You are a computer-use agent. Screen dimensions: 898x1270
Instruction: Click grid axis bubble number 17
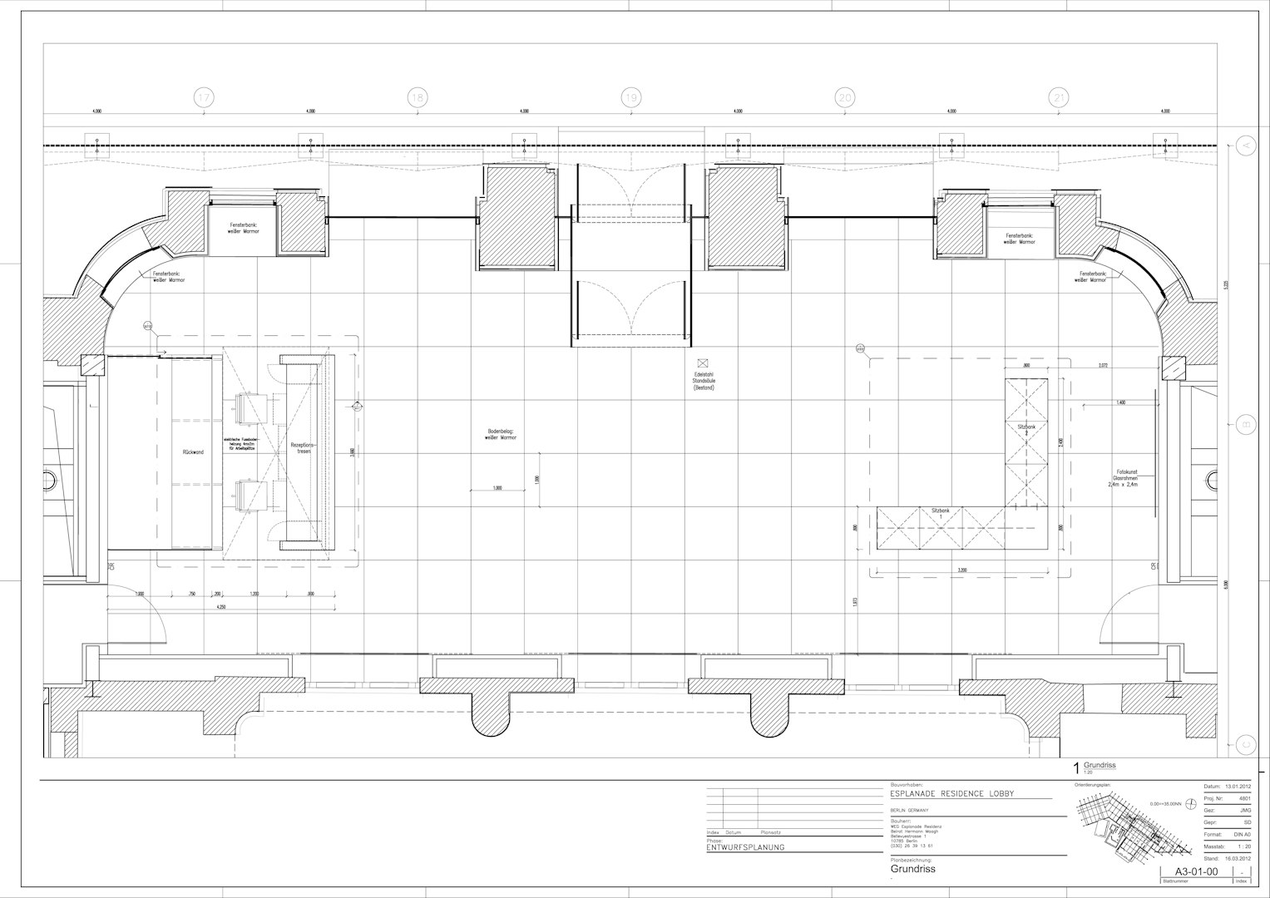pos(204,98)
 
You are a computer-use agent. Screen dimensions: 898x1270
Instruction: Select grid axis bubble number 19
pos(631,98)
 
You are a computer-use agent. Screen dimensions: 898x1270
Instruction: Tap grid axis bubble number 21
pos(1059,98)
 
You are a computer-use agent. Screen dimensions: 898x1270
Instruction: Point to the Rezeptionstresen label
pos(300,449)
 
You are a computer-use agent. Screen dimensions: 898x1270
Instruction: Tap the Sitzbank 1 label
pos(941,512)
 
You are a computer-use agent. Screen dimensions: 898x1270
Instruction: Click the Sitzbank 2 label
pos(1026,429)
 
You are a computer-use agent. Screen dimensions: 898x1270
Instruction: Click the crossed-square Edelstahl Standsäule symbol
pos(703,363)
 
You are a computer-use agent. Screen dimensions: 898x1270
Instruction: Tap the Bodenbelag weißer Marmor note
pos(502,434)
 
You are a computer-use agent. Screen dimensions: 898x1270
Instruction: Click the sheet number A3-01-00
pos(1194,871)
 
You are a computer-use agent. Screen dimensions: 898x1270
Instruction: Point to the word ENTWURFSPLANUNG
pos(745,848)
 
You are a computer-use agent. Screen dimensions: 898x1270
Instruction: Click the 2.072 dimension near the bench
pos(1103,366)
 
